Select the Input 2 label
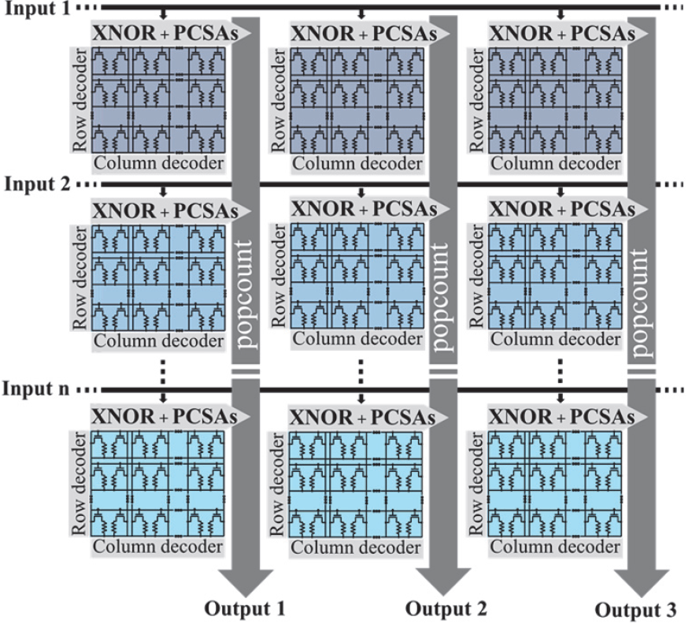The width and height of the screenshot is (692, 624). click(x=36, y=186)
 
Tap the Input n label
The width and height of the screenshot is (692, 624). click(x=36, y=390)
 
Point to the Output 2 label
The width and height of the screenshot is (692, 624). click(x=446, y=608)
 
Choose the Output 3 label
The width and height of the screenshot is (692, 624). click(x=635, y=610)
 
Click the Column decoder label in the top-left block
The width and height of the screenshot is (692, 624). click(x=157, y=165)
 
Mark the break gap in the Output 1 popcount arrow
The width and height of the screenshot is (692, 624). click(x=246, y=370)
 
